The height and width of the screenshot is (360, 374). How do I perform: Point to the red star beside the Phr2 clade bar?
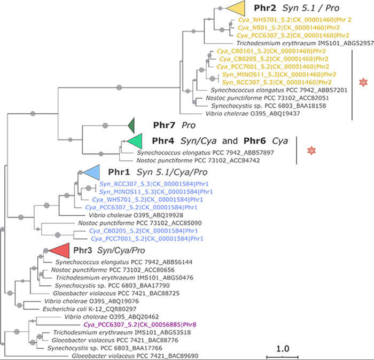(363, 82)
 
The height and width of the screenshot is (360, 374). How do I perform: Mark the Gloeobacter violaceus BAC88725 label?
(98, 293)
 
